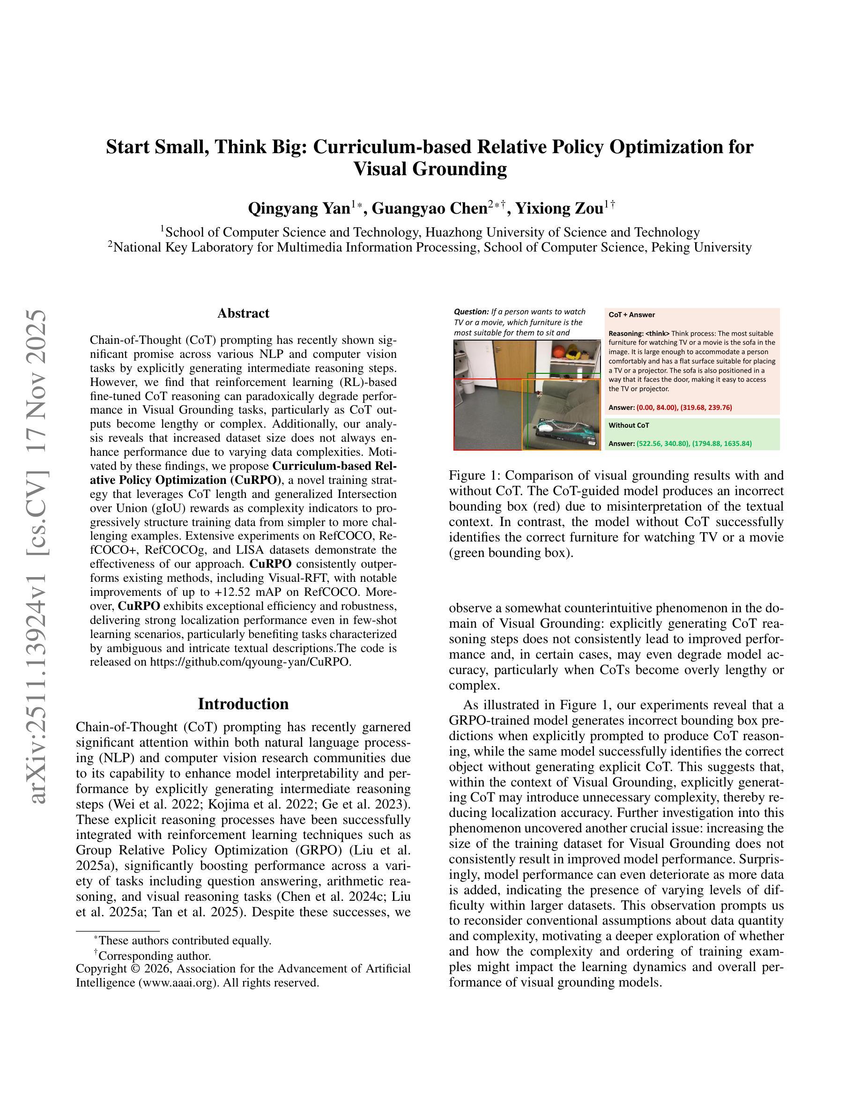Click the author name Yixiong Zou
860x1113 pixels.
coord(559,208)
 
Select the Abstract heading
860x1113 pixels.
coord(243,313)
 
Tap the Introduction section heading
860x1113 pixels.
coord(243,704)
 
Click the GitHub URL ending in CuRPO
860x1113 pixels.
coord(250,662)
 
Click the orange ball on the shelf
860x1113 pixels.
coord(559,352)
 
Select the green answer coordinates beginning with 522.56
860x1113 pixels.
coord(694,443)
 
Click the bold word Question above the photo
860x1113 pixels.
coord(471,312)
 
